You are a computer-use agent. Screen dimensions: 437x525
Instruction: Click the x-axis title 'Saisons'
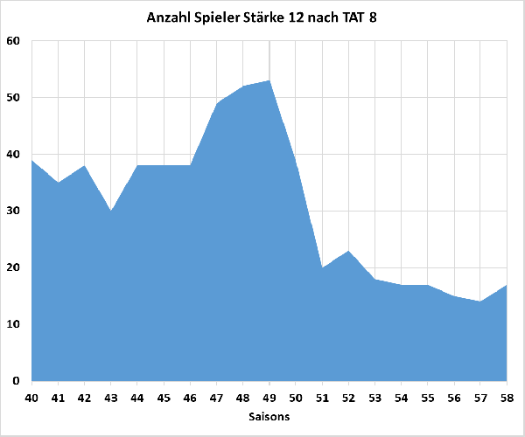269,417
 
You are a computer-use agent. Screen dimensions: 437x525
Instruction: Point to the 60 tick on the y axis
13,41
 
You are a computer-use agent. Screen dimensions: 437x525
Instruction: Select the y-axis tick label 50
13,98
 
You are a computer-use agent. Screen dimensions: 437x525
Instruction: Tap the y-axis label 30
13,211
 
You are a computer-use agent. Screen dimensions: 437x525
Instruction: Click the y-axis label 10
13,324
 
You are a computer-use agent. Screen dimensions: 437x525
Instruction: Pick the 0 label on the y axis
17,381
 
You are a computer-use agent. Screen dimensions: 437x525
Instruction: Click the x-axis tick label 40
32,398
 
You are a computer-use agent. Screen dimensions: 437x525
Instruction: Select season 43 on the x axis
111,398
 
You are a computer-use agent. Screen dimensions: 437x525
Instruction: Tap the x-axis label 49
269,398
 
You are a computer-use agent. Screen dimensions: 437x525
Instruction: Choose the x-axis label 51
322,398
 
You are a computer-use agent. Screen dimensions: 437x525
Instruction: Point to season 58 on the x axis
507,398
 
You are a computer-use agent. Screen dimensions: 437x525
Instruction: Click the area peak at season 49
269,81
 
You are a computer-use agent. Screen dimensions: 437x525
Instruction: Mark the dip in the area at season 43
111,211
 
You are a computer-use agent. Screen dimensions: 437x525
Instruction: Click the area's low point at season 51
322,267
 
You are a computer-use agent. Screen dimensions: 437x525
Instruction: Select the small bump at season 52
348,251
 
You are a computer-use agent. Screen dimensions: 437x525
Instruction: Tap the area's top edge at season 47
217,103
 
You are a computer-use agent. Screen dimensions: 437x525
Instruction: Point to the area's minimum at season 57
480,302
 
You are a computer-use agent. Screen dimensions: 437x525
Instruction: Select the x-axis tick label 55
428,398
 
